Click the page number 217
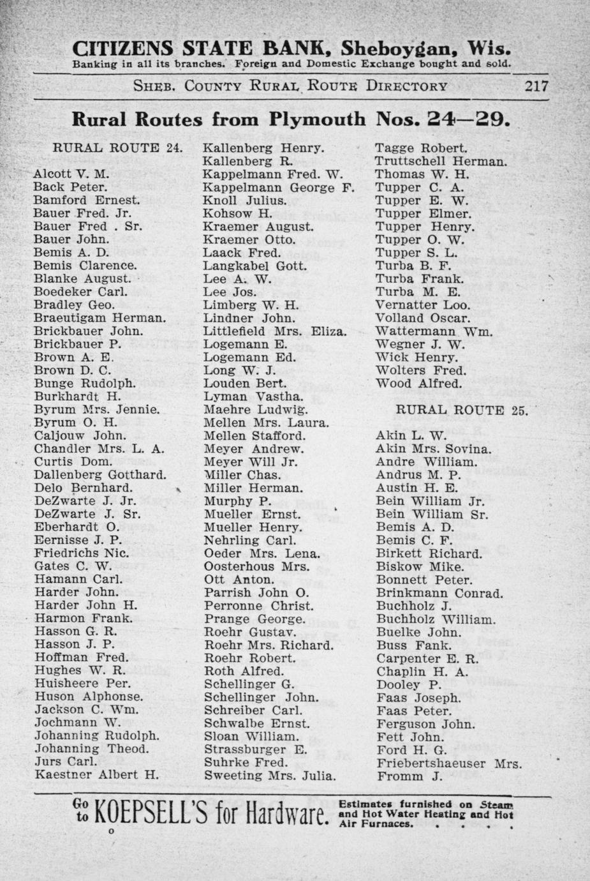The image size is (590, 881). [536, 86]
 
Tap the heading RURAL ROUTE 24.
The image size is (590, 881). [117, 147]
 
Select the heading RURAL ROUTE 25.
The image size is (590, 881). [462, 410]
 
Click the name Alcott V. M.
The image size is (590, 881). [71, 174]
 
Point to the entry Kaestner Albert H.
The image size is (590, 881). [96, 775]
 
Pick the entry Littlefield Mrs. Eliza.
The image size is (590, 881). [275, 331]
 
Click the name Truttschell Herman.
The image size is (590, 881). [441, 161]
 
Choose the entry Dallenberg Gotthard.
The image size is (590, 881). [100, 475]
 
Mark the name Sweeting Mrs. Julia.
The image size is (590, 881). [270, 776]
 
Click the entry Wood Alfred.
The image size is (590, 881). [418, 384]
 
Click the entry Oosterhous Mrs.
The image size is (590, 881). [256, 566]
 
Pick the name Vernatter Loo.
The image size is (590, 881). [422, 305]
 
